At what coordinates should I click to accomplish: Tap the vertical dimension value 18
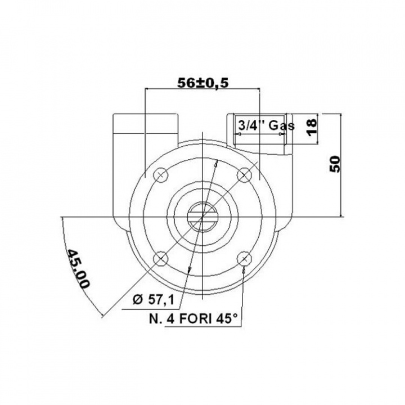pyautogui.click(x=312, y=124)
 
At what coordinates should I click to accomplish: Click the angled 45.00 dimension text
pyautogui.click(x=78, y=268)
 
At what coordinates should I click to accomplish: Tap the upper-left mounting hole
pyautogui.click(x=161, y=175)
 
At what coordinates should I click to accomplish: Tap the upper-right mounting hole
pyautogui.click(x=244, y=175)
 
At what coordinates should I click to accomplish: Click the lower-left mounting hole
pyautogui.click(x=161, y=258)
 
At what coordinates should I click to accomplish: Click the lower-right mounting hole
pyautogui.click(x=244, y=258)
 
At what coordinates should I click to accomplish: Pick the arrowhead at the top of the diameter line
pyautogui.click(x=216, y=164)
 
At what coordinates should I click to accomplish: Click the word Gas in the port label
pyautogui.click(x=282, y=125)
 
